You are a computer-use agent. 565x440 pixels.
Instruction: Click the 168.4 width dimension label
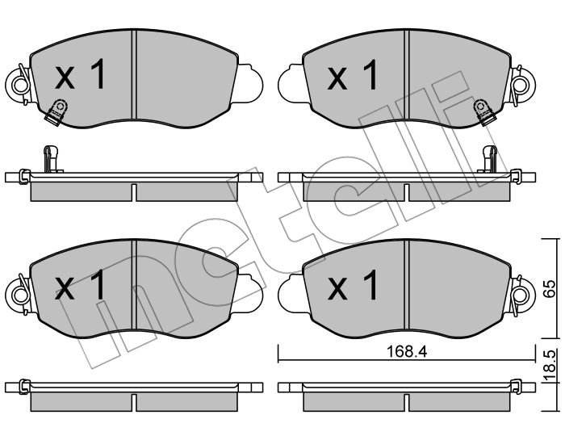407,351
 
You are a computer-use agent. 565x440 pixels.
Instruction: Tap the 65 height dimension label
550,288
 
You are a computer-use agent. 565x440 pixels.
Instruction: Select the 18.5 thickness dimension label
550,367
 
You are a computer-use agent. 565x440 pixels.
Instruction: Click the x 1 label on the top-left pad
80,74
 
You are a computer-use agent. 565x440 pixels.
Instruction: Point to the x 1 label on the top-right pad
353,74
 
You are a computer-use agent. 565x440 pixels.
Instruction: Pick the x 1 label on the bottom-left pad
80,285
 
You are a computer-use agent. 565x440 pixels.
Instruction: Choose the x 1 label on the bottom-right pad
353,285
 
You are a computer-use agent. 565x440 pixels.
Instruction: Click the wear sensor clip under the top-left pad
56,112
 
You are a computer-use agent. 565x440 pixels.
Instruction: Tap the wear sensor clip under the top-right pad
483,112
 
